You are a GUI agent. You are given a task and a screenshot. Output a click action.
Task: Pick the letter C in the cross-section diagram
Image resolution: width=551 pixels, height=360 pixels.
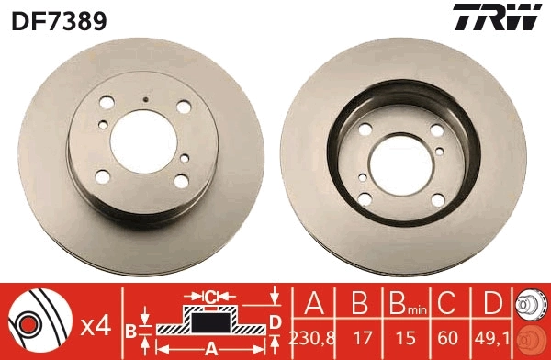tap(210, 297)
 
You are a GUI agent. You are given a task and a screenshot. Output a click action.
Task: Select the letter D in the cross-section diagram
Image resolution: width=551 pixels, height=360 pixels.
tap(275, 320)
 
